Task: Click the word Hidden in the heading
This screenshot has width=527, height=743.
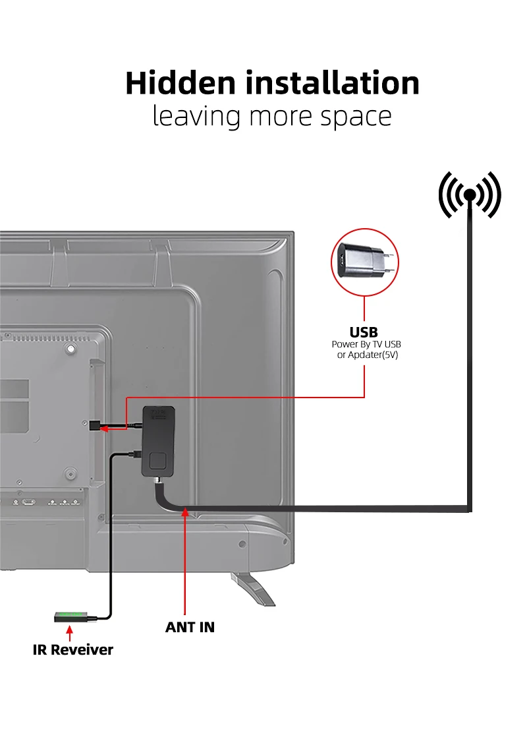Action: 180,83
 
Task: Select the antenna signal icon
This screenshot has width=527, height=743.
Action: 470,194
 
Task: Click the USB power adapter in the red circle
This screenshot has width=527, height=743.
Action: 364,262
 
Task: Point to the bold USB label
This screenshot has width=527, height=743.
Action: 364,332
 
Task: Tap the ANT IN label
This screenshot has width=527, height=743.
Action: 190,627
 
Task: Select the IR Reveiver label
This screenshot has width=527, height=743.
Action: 73,649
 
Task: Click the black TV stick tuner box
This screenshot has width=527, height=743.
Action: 158,441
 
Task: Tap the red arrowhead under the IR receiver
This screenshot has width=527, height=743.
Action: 70,630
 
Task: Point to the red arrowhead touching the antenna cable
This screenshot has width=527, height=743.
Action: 185,512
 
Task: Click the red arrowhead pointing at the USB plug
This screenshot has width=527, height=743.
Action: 104,429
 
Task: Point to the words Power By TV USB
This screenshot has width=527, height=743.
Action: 366,344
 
